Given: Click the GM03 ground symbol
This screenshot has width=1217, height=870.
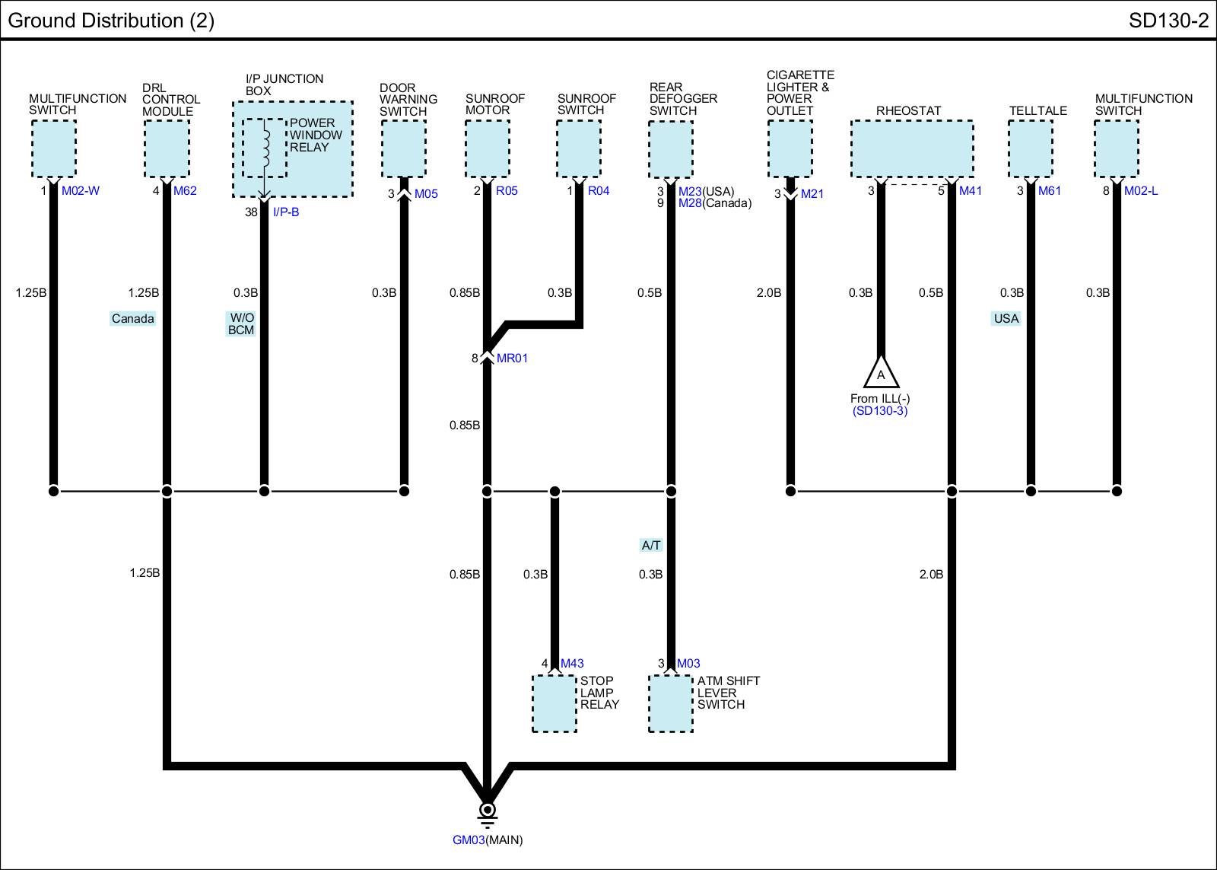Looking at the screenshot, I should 487,811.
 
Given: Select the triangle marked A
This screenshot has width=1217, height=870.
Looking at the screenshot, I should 881,374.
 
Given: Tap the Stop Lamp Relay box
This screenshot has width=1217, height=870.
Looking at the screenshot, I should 554,704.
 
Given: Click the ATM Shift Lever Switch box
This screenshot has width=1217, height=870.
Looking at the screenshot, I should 670,704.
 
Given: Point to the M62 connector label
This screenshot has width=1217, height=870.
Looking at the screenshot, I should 185,191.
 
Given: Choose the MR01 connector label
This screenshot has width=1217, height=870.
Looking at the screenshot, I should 512,359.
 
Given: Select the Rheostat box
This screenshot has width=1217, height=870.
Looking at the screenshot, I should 911,149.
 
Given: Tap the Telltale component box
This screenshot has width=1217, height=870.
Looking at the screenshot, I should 1030,149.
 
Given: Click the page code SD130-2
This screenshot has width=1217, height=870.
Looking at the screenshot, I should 1168,21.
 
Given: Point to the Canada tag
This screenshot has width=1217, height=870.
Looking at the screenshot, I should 132,319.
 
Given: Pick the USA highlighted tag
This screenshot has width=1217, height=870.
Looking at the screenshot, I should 1006,319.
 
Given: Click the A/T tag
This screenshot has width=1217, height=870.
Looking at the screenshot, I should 651,545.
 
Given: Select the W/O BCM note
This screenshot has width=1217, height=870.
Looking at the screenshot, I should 241,324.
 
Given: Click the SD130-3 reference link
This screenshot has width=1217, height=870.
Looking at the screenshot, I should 880,411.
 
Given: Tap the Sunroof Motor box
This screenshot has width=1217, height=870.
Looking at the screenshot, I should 487,149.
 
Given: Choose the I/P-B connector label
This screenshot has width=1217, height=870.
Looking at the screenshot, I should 286,212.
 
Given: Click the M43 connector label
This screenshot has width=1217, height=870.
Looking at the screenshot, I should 572,664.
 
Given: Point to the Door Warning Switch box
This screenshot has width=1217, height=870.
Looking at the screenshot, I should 403,149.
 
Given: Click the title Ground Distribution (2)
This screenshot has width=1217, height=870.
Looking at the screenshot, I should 111,21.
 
